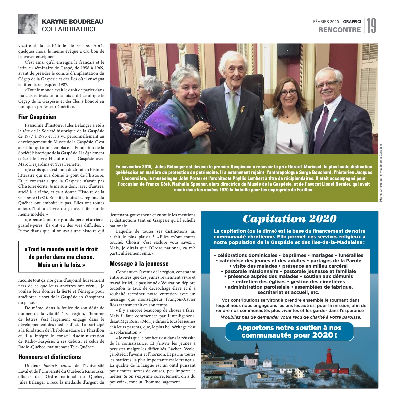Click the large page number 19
coord(372,26)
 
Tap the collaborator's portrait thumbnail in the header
coord(28,24)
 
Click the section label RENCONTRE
coord(339,30)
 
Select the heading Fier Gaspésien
coord(37,117)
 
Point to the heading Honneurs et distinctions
coord(45,357)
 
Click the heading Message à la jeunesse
coord(139,263)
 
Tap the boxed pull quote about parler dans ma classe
coord(61,257)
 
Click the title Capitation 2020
coord(289,219)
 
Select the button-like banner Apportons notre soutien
coord(289,331)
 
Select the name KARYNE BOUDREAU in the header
coord(73,22)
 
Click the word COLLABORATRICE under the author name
coord(70,29)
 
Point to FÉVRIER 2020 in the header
coord(326,22)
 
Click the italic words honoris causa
coord(57,365)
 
